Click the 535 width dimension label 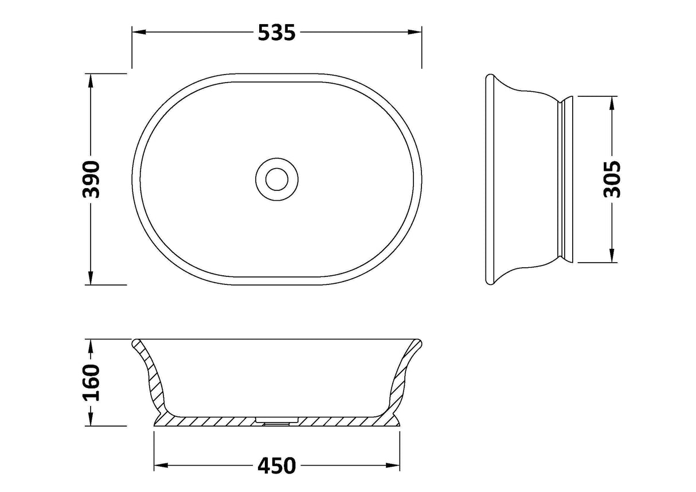(276, 33)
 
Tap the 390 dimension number (91, 179)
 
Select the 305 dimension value (612, 179)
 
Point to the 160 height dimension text (91, 382)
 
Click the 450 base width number (276, 466)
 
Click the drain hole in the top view (277, 179)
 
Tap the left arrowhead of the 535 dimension (139, 32)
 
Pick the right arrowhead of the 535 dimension (415, 32)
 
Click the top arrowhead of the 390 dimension (91, 81)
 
